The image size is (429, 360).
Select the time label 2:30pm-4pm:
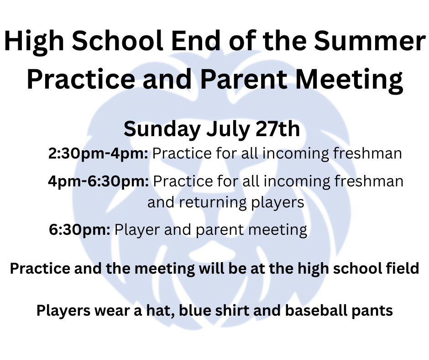(98, 154)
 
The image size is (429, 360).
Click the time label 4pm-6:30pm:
(98, 181)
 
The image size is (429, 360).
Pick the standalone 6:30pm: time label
(79, 229)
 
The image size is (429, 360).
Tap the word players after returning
(278, 202)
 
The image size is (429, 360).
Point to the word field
(402, 268)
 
